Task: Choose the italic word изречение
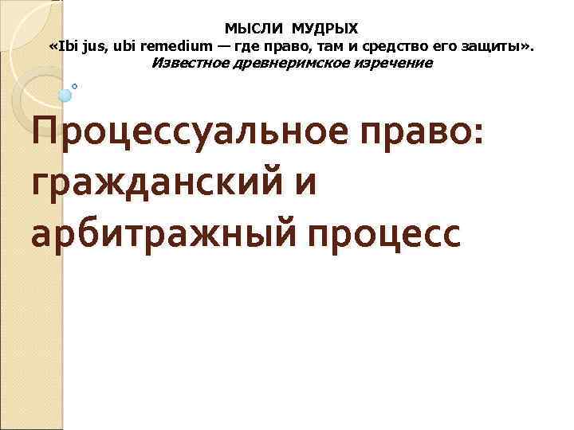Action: [391, 63]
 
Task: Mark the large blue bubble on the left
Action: [65, 96]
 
